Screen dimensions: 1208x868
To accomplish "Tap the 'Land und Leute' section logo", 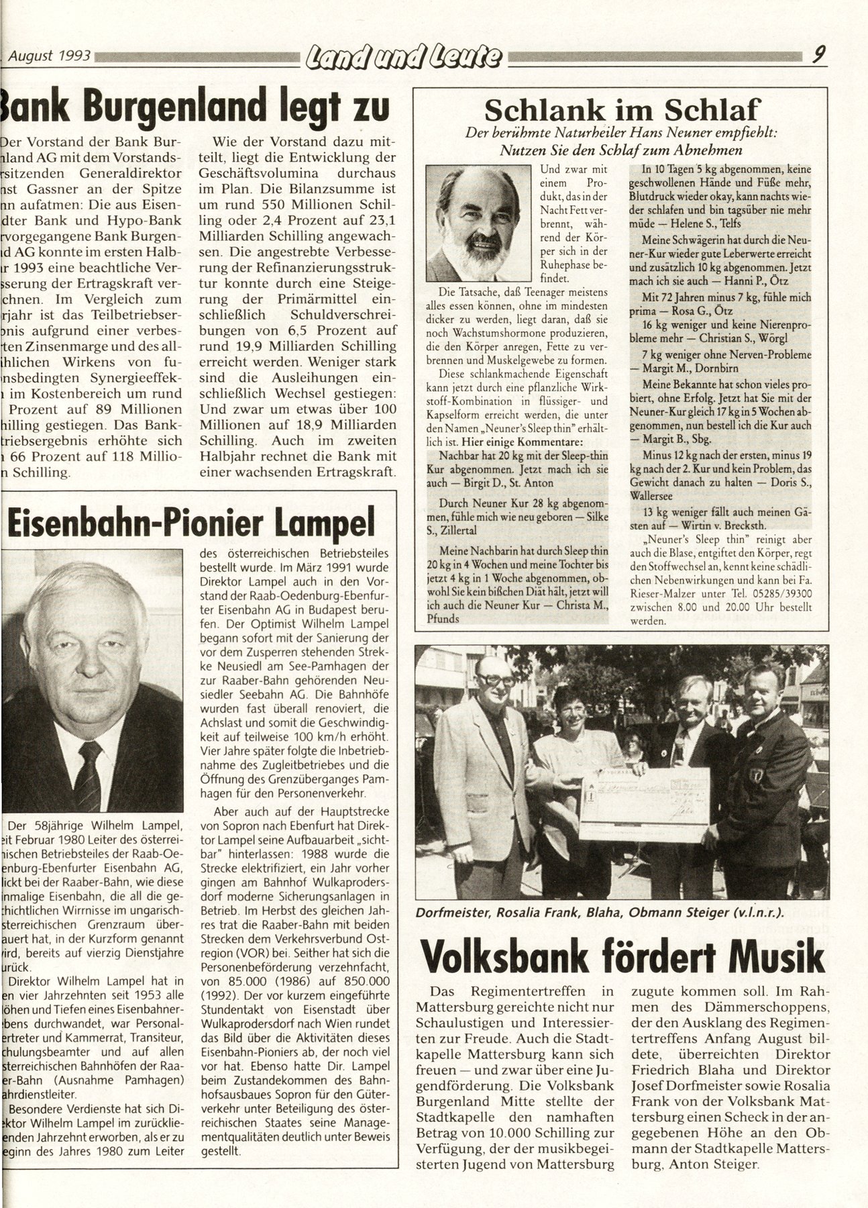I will tap(403, 60).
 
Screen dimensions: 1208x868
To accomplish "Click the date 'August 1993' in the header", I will tap(51, 57).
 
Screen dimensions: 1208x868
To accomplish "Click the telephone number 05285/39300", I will tap(787, 594).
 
